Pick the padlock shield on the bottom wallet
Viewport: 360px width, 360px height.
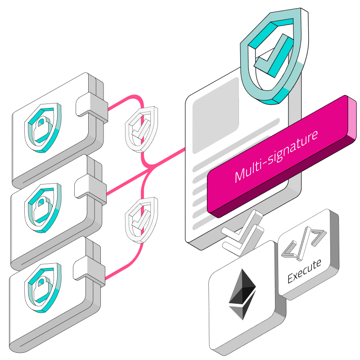click(x=42, y=288)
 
